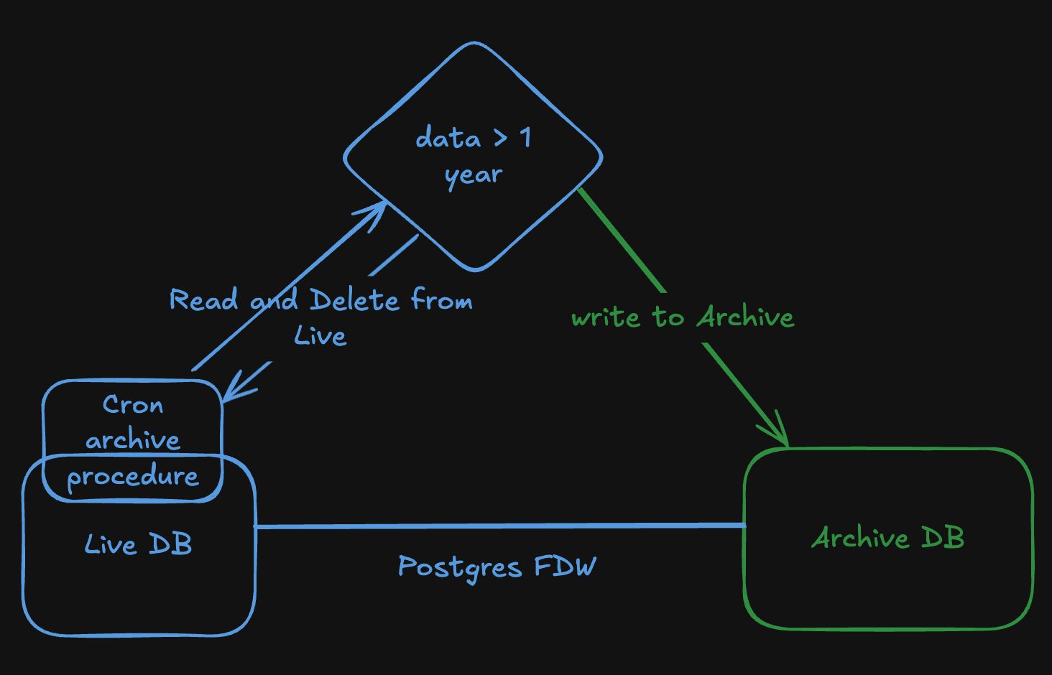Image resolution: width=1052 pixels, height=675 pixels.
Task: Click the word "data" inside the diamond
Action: [448, 137]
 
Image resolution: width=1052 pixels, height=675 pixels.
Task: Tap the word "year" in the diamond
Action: [474, 175]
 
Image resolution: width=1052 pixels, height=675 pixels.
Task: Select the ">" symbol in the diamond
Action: [500, 138]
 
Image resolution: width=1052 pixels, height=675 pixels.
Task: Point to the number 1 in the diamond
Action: [526, 137]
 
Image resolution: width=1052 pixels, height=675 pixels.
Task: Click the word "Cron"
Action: [133, 405]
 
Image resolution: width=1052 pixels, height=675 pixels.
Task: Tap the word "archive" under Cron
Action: [133, 440]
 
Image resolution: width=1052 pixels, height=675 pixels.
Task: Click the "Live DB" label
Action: [139, 544]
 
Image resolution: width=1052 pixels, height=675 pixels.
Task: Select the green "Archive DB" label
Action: [888, 538]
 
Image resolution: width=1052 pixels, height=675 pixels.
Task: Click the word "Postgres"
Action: [459, 568]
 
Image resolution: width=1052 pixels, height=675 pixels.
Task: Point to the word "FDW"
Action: [566, 567]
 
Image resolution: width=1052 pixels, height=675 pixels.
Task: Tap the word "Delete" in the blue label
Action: [354, 299]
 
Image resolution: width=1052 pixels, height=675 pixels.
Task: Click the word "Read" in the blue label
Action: [203, 299]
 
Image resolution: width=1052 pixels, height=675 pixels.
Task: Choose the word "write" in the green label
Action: [605, 317]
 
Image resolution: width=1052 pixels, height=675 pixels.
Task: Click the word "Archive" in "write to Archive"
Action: [746, 317]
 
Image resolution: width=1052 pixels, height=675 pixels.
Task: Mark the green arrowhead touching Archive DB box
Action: [779, 431]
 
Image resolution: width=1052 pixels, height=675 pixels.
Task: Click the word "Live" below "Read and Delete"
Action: [320, 335]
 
